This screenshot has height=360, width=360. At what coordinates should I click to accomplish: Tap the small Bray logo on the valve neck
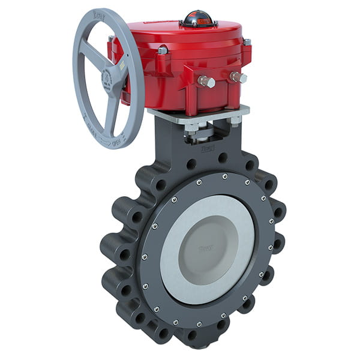[x=208, y=146]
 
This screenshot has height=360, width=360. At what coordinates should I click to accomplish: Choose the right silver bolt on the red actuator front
[x=239, y=77]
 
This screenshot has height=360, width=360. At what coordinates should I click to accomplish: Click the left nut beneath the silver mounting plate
[x=191, y=128]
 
